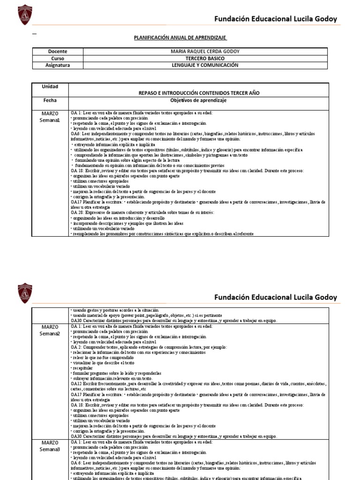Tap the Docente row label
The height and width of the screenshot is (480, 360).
pyautogui.click(x=58, y=51)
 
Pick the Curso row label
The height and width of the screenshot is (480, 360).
pyautogui.click(x=58, y=59)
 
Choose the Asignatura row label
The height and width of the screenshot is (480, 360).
pyautogui.click(x=58, y=66)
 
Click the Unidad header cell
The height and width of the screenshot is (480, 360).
pyautogui.click(x=51, y=87)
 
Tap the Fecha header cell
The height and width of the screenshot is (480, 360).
pyautogui.click(x=51, y=100)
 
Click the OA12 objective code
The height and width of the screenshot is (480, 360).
pyautogui.click(x=76, y=383)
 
